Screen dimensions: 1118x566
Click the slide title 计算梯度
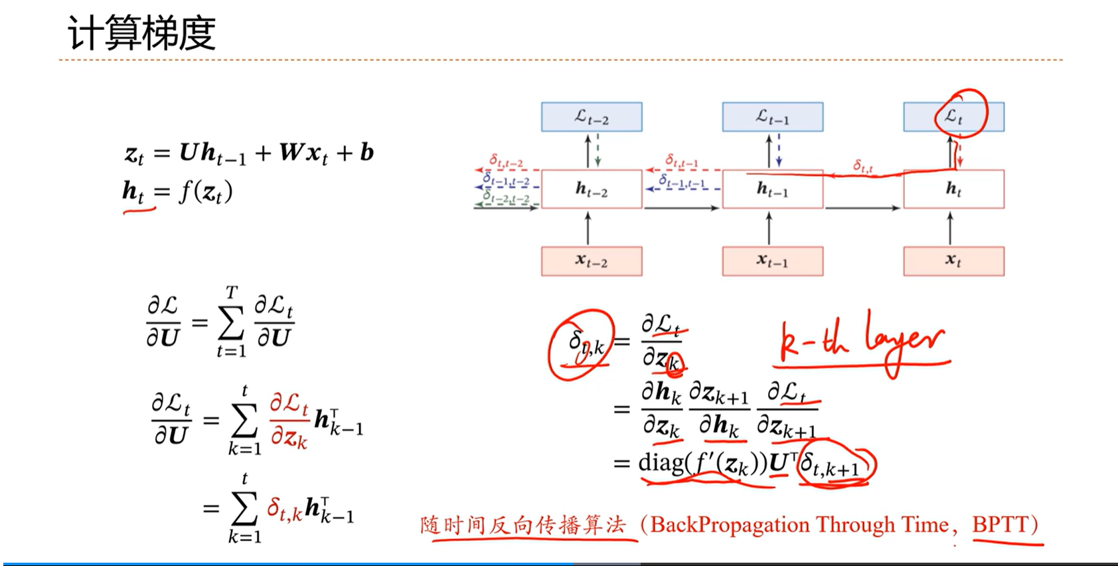click(141, 33)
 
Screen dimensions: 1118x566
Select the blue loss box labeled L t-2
click(591, 117)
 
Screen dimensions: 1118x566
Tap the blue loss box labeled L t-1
click(772, 117)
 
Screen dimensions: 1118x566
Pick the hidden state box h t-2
click(591, 189)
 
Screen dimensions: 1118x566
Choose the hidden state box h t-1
click(772, 190)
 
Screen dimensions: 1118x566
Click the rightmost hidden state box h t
click(953, 189)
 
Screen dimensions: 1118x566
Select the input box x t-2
click(591, 261)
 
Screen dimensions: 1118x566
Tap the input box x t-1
click(772, 261)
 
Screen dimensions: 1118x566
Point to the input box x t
click(953, 261)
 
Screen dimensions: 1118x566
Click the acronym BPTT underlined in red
click(1000, 525)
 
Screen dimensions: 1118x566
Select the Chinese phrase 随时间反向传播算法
click(523, 525)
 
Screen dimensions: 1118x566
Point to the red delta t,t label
click(862, 165)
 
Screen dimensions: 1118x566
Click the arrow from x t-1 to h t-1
click(769, 229)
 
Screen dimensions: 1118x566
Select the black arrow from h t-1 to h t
click(862, 208)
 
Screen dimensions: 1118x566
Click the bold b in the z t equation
click(366, 153)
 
